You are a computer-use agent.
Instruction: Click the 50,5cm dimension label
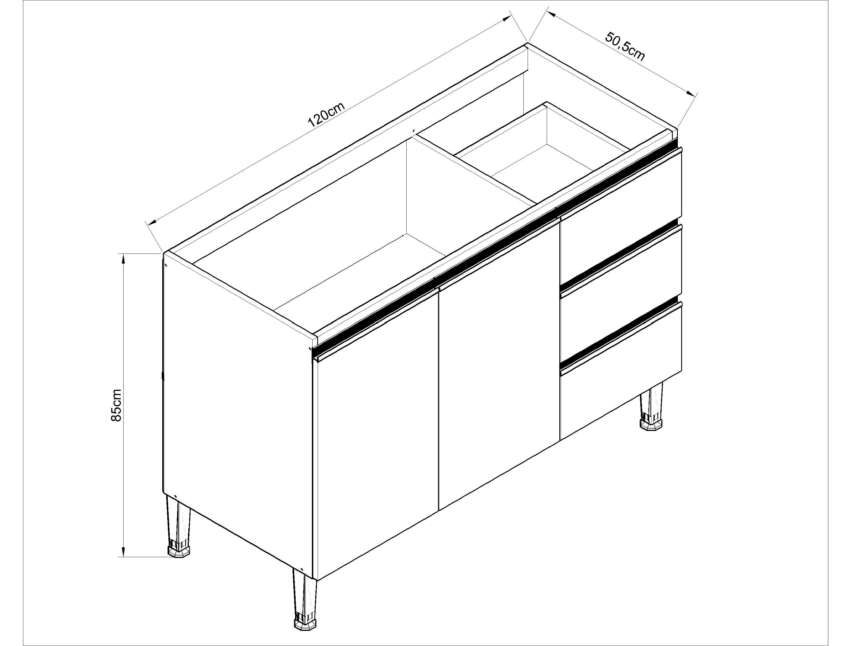click(x=625, y=47)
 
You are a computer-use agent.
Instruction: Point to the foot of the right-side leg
click(x=651, y=424)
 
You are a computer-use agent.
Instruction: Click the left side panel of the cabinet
click(x=238, y=420)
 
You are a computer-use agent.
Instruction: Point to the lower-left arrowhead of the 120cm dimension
click(x=151, y=222)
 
